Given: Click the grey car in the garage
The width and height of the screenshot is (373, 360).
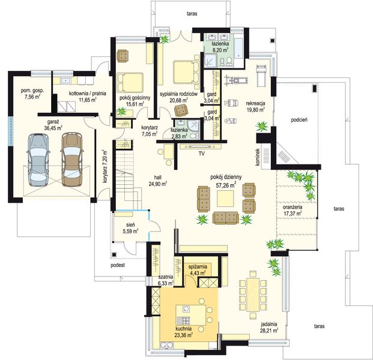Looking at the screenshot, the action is click(39, 160).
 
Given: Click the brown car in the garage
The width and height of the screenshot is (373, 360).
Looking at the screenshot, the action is click(71, 159).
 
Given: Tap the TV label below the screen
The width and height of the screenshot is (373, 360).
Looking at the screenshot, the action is click(201, 154).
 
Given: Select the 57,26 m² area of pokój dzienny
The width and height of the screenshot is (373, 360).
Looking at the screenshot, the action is click(226, 185).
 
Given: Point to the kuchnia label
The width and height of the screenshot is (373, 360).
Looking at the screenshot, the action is click(183, 329).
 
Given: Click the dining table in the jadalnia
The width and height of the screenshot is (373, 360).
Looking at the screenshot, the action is click(253, 295).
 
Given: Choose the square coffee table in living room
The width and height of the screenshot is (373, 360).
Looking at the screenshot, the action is click(225, 199).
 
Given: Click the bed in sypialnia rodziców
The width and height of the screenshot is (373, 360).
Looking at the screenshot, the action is click(186, 73).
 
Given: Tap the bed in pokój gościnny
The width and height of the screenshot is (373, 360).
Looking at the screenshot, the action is click(130, 83).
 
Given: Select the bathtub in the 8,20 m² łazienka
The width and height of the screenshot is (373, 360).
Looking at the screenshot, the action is click(238, 48).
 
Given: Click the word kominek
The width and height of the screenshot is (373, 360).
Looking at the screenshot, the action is click(258, 157).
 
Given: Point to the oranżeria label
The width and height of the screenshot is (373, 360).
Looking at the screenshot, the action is click(293, 207).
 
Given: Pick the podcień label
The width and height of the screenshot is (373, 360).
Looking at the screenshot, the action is click(299, 120).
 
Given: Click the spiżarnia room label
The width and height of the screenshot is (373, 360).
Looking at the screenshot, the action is click(198, 266).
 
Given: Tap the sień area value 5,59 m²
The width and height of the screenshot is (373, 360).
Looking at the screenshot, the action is click(131, 231).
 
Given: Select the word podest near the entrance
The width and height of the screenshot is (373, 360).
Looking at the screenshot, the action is click(118, 265).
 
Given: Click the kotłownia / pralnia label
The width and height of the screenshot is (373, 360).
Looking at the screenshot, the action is click(88, 94).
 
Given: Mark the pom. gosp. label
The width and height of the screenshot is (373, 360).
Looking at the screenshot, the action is click(32, 90).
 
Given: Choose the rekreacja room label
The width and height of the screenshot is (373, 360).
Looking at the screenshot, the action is click(255, 103).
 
